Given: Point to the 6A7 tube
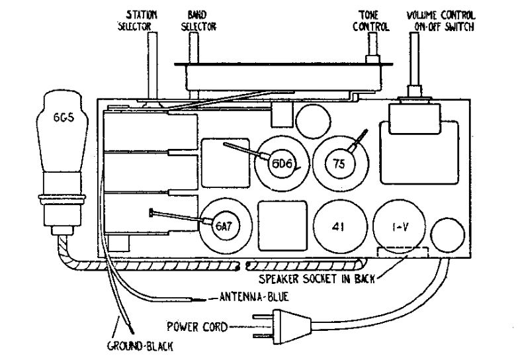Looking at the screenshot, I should click(223, 225).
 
